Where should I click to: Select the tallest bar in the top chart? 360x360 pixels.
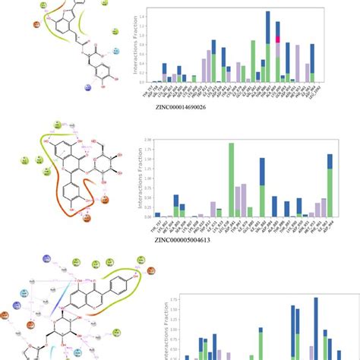click(268, 46)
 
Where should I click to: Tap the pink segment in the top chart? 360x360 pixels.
click(279, 39)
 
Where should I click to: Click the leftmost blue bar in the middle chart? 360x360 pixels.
click(158, 215)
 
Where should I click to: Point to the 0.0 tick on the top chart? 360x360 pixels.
click(144, 82)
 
